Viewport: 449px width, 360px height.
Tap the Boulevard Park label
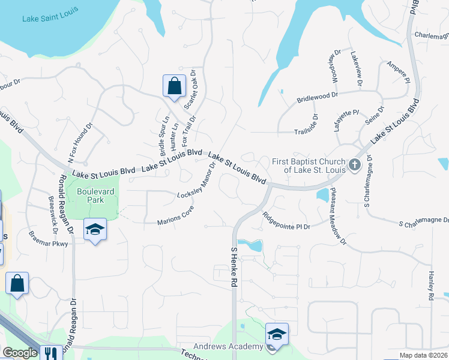91,196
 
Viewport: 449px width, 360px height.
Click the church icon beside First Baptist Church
355,164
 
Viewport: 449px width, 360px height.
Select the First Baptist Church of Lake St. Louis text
309,165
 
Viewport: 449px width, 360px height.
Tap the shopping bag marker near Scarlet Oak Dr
173,85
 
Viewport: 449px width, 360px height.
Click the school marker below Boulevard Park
95,230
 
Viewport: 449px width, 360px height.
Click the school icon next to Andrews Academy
277,334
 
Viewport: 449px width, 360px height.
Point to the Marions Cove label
176,221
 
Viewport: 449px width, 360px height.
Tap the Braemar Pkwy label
51,244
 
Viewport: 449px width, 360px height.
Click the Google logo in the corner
20,353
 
